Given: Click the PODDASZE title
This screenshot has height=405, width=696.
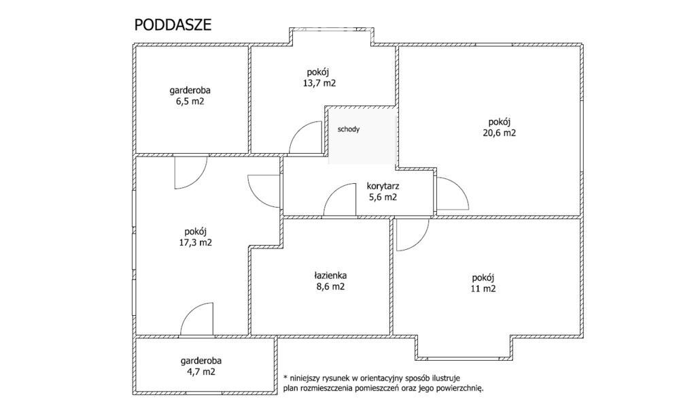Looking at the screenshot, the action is tap(173, 25).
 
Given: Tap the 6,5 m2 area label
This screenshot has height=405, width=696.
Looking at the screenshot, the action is tap(190, 101).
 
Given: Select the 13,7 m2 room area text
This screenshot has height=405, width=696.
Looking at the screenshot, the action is tap(319, 83).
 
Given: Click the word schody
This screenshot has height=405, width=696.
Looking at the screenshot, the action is tap(349, 129).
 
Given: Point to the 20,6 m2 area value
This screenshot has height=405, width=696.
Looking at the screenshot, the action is tap(500, 133).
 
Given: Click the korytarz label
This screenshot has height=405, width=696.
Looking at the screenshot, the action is tap(383, 187).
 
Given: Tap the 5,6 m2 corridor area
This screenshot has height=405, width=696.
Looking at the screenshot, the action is tap(383, 197).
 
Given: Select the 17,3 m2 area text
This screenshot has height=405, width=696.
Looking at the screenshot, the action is tap(195, 243).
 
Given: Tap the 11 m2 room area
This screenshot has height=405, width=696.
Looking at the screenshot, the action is tap(483, 289).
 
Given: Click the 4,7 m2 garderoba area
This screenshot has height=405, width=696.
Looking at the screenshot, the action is tap(201, 372).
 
